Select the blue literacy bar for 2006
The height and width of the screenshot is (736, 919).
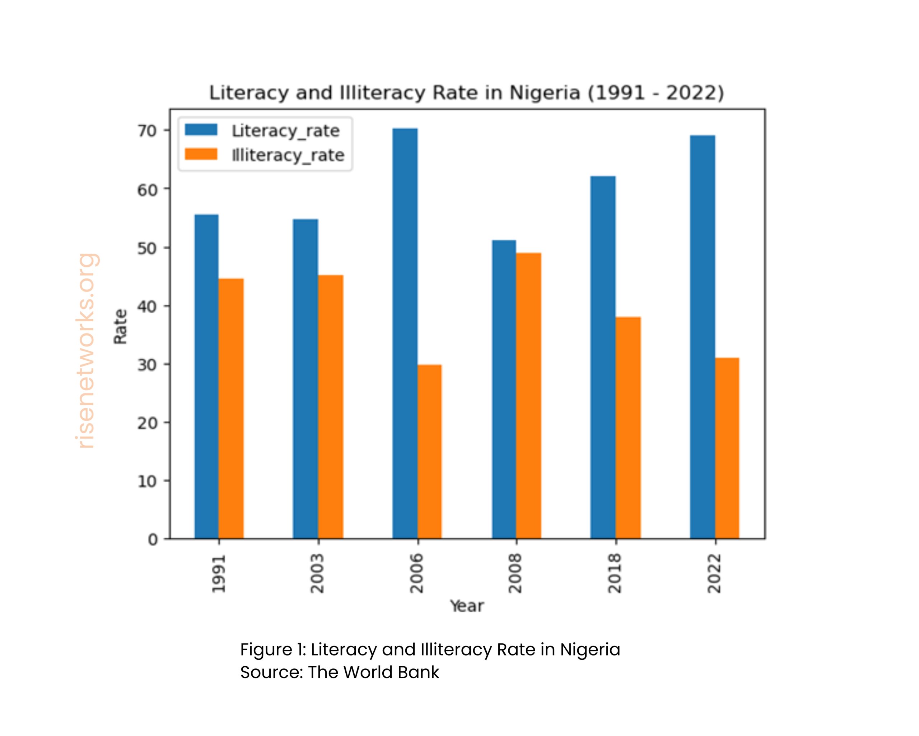405,333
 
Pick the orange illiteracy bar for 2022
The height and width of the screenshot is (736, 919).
727,448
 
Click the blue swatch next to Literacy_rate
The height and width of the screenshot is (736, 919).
201,130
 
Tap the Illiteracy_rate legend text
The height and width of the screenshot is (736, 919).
288,155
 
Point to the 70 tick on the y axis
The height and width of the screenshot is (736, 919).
147,130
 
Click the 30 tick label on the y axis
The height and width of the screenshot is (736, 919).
147,365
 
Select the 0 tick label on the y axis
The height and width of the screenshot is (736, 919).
153,540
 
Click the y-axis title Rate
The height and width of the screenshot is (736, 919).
120,326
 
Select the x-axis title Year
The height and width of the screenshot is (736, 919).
467,606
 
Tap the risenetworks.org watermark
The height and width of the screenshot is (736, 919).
87,351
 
